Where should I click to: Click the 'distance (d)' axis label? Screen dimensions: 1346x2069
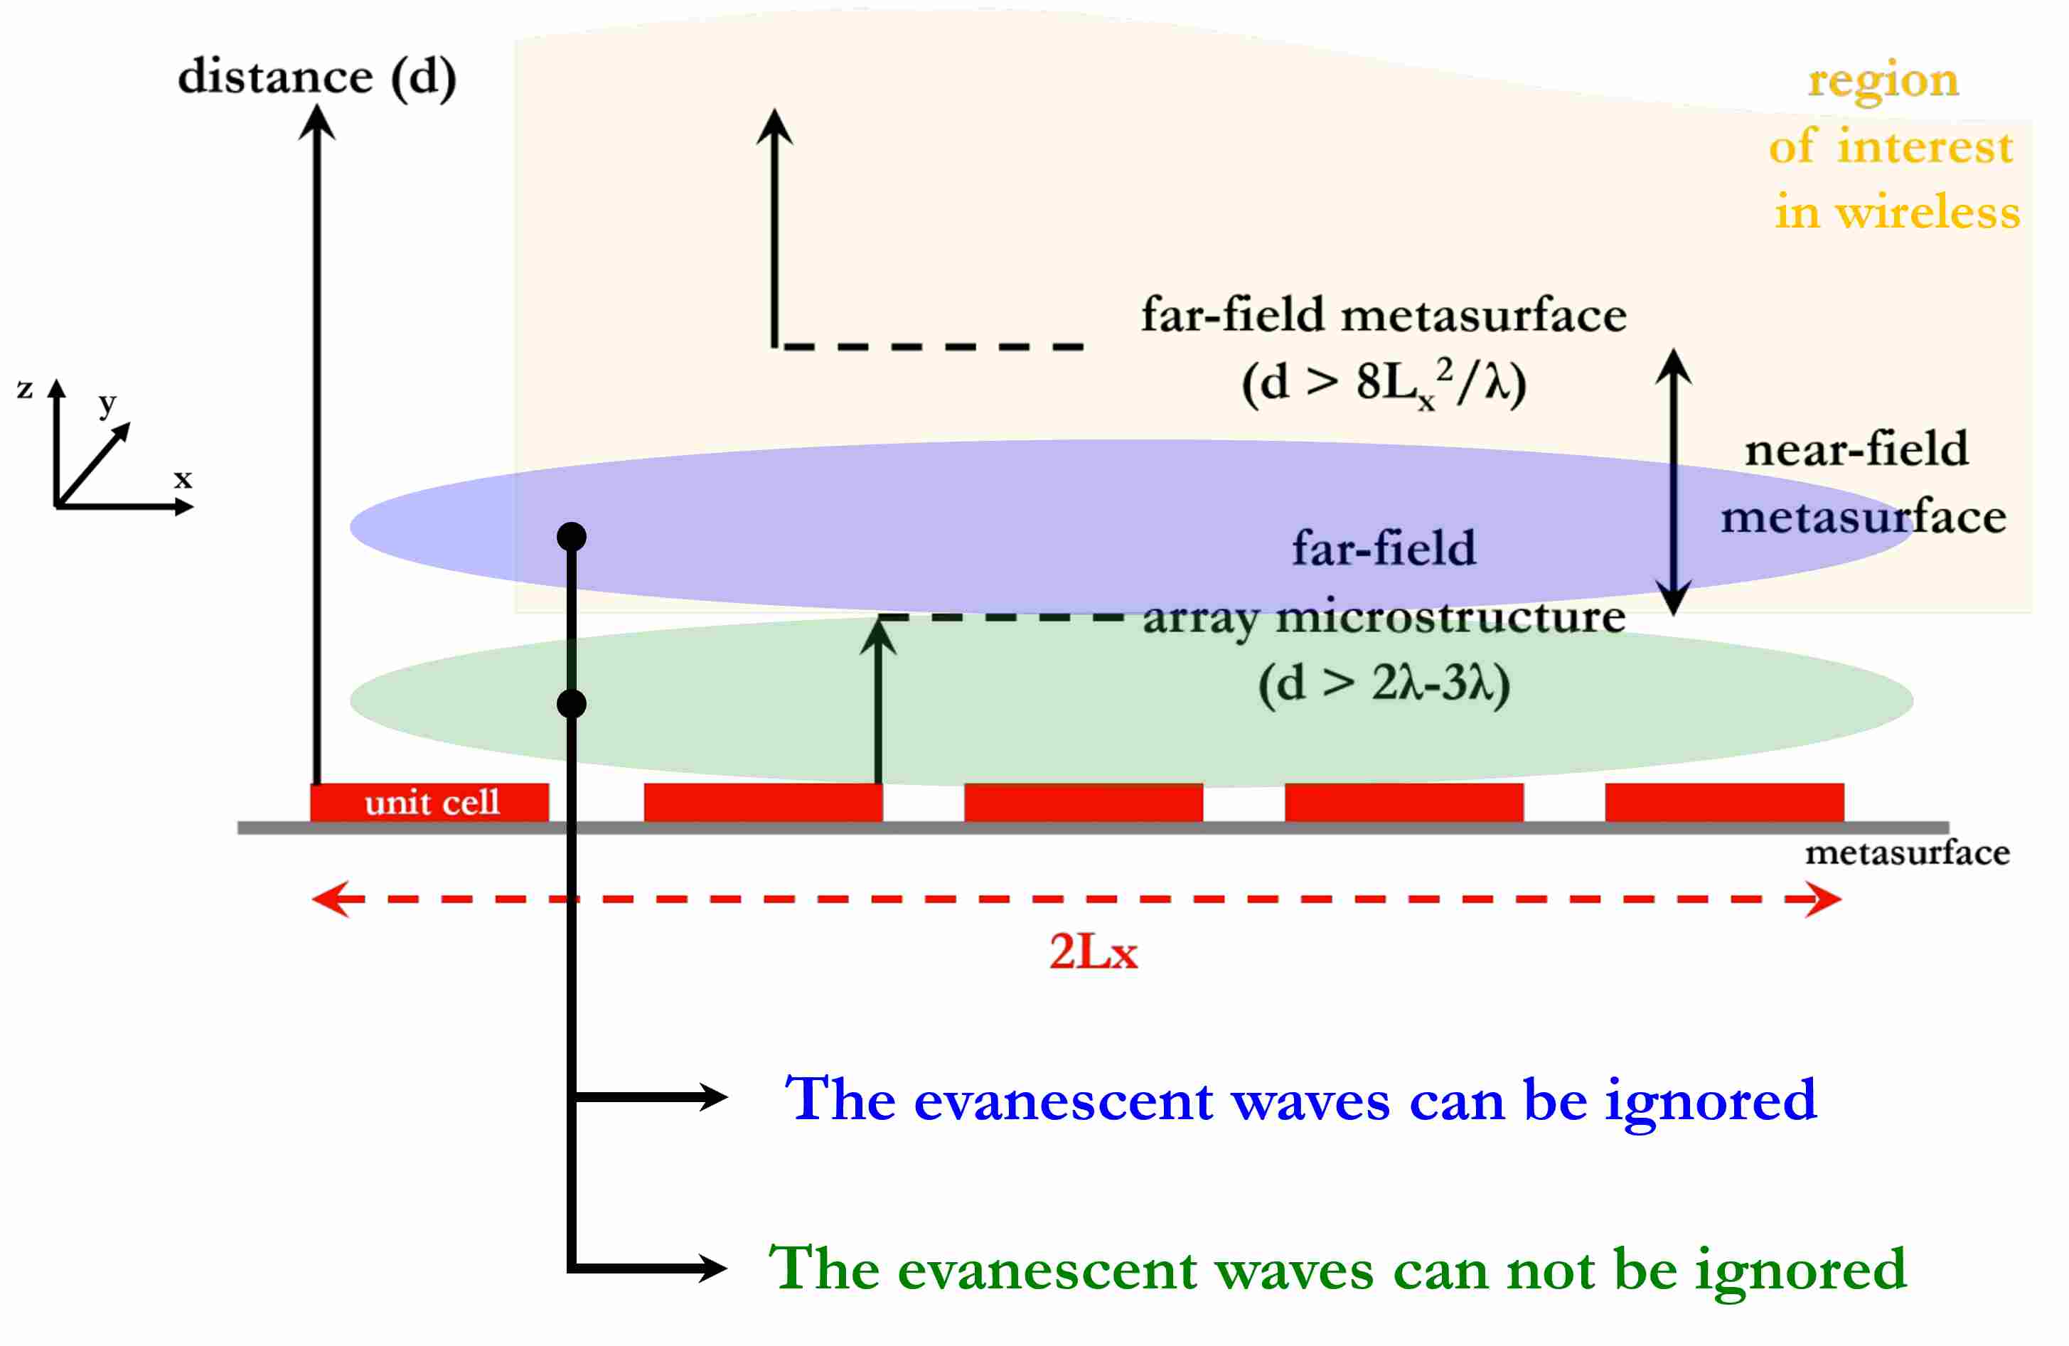coord(316,77)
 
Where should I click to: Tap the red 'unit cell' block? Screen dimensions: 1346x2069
coord(430,801)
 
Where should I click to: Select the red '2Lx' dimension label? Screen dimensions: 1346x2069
coord(1093,951)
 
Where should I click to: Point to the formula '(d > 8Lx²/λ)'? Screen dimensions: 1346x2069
coord(1384,383)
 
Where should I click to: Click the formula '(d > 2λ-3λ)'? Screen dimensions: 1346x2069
coord(1384,683)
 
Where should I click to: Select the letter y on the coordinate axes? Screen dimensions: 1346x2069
coord(107,402)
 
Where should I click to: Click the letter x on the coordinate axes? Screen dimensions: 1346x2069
coord(183,479)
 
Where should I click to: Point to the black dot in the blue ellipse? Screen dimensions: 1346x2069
coord(571,537)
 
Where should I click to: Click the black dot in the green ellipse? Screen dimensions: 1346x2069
coord(571,703)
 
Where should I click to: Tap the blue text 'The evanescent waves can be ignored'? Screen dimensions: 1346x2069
coord(1300,1099)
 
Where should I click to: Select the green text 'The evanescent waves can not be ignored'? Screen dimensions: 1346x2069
coord(1337,1268)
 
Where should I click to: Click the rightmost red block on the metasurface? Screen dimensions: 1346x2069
coord(1724,801)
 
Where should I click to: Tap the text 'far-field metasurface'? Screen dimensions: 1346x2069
coord(1383,315)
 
